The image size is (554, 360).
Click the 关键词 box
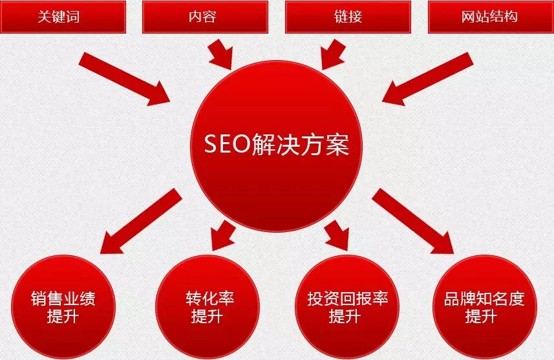click(x=63, y=16)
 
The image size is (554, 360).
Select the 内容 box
click(x=204, y=16)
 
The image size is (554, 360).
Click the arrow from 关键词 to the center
click(x=123, y=79)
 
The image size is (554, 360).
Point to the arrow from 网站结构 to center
click(x=427, y=79)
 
